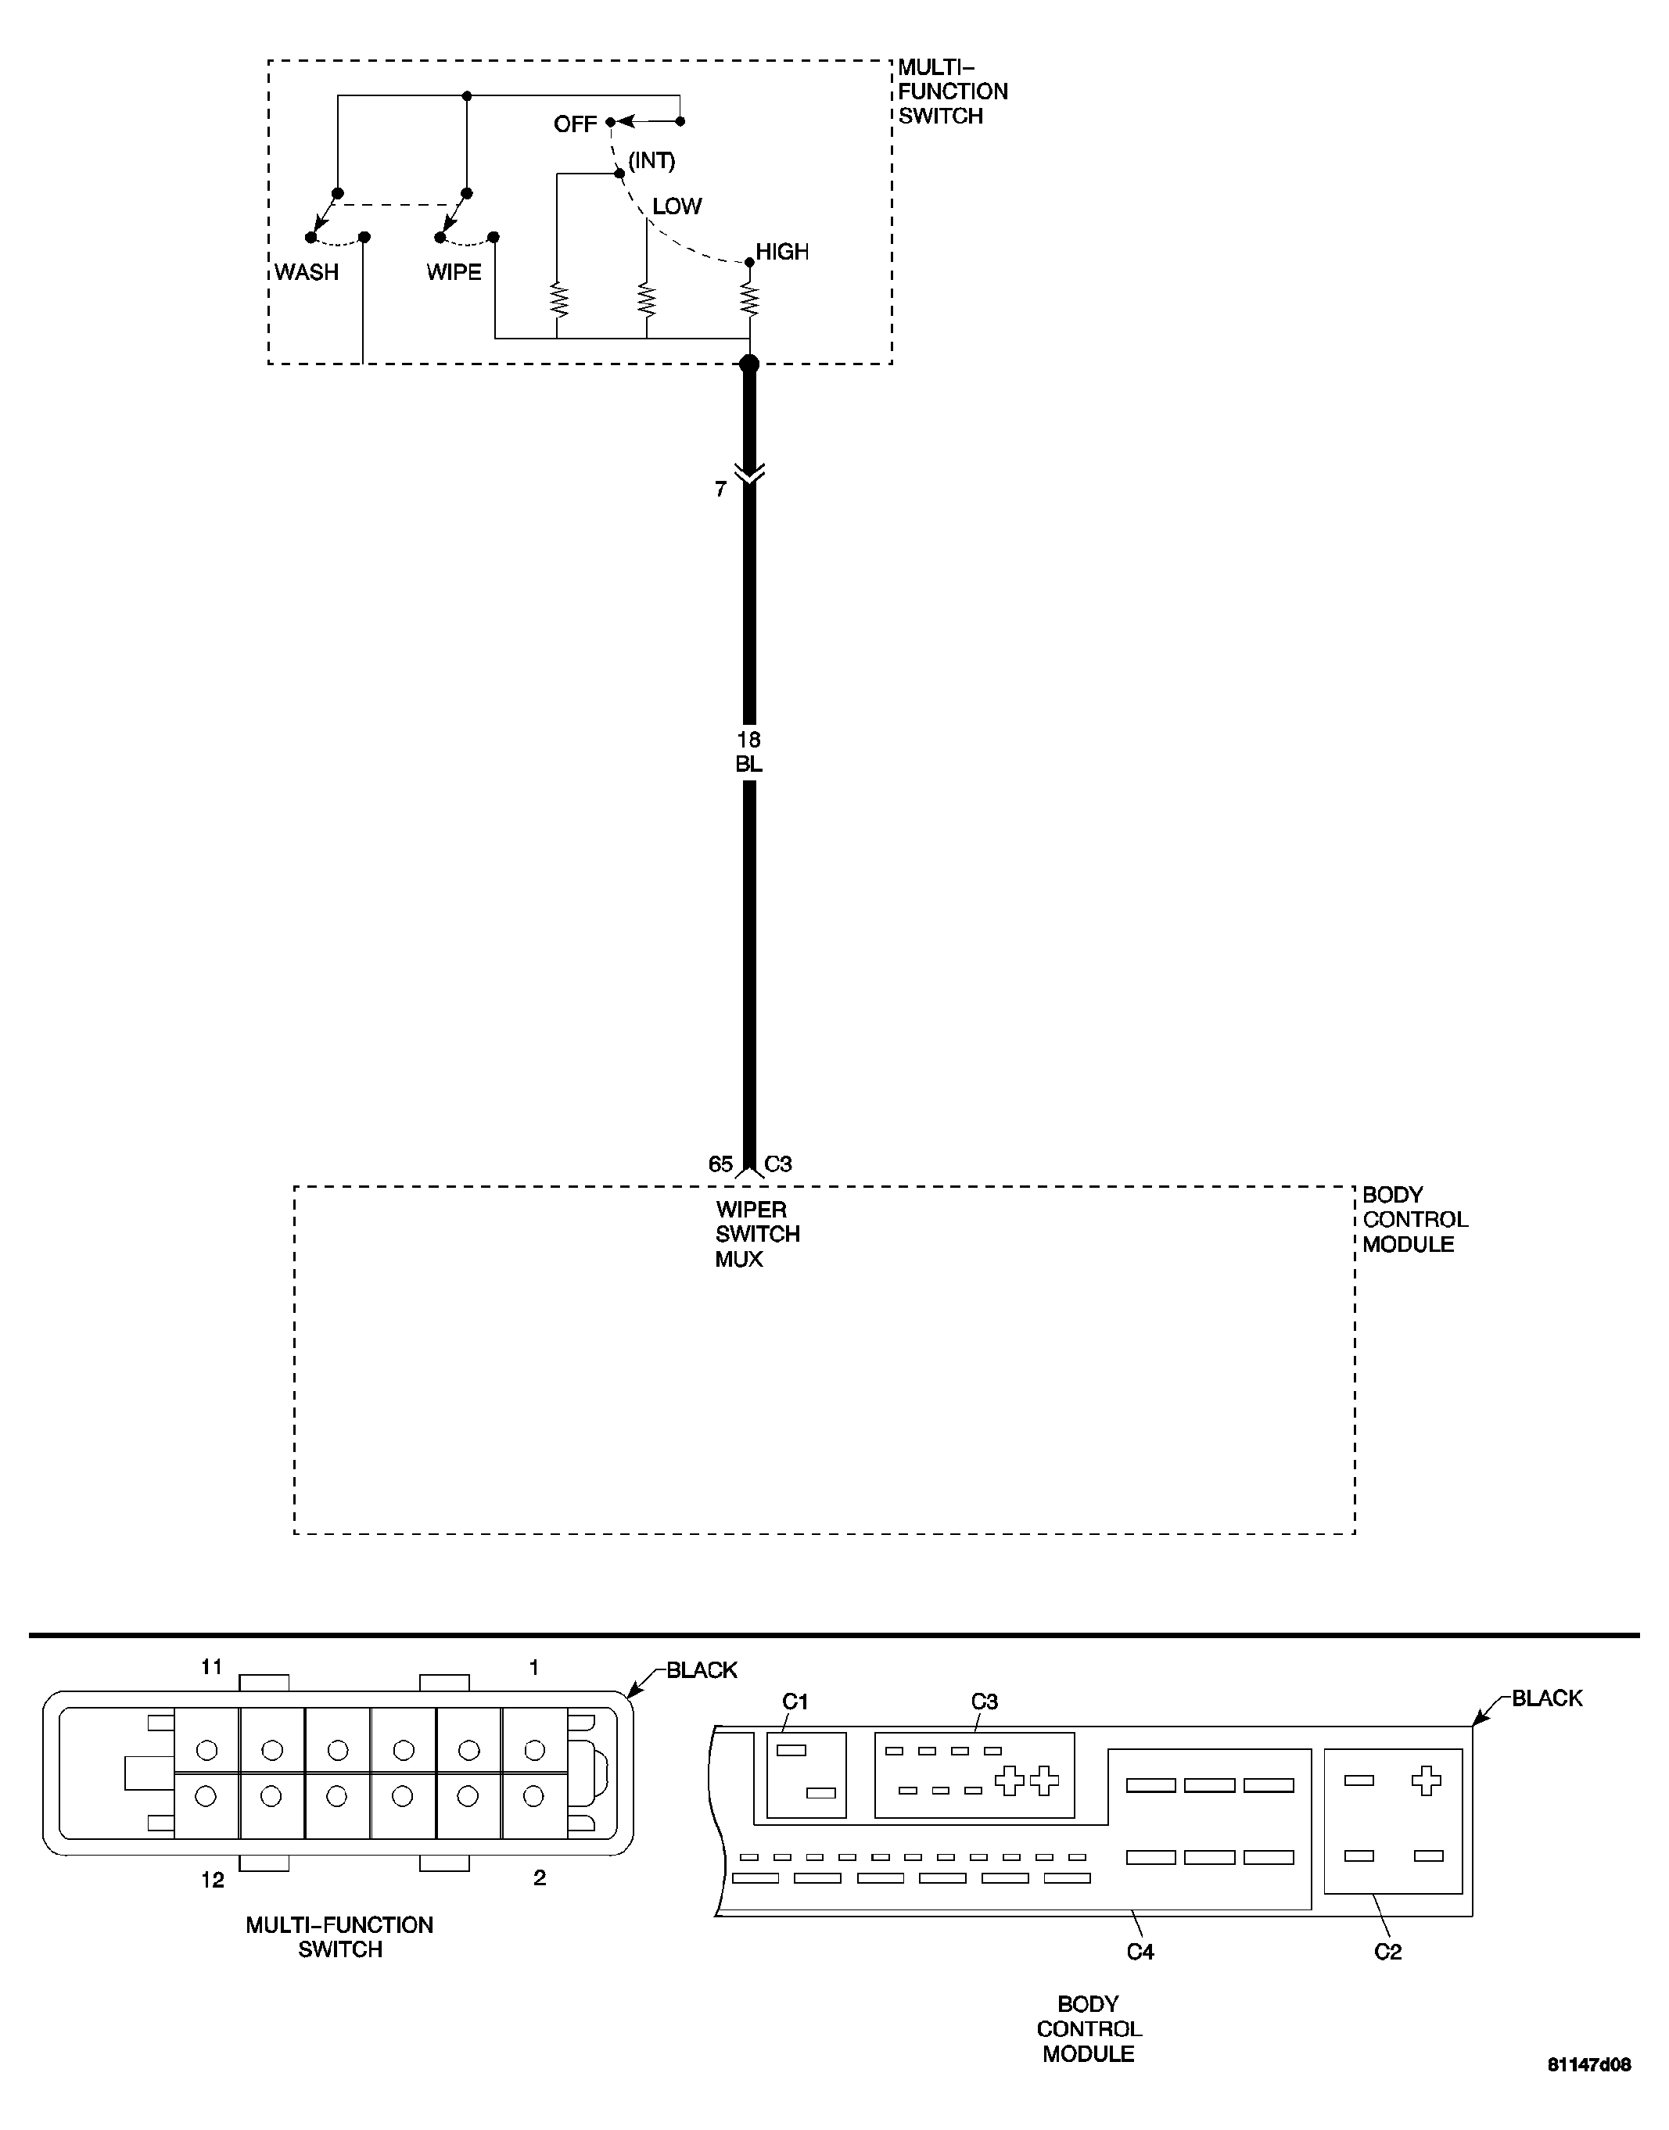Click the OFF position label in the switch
tap(575, 124)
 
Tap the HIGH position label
tap(782, 252)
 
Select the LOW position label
tap(677, 206)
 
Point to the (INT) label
tap(651, 160)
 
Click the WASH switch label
tap(306, 273)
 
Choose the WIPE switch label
tap(454, 273)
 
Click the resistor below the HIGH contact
tap(749, 299)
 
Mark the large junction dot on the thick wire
tap(749, 364)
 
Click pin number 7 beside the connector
tap(720, 489)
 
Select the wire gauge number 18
tap(748, 740)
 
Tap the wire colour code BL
tap(748, 764)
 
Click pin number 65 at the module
tap(720, 1164)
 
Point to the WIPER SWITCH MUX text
tap(757, 1234)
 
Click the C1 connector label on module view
tap(795, 1702)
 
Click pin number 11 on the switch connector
tap(212, 1667)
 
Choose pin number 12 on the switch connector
tap(212, 1880)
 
